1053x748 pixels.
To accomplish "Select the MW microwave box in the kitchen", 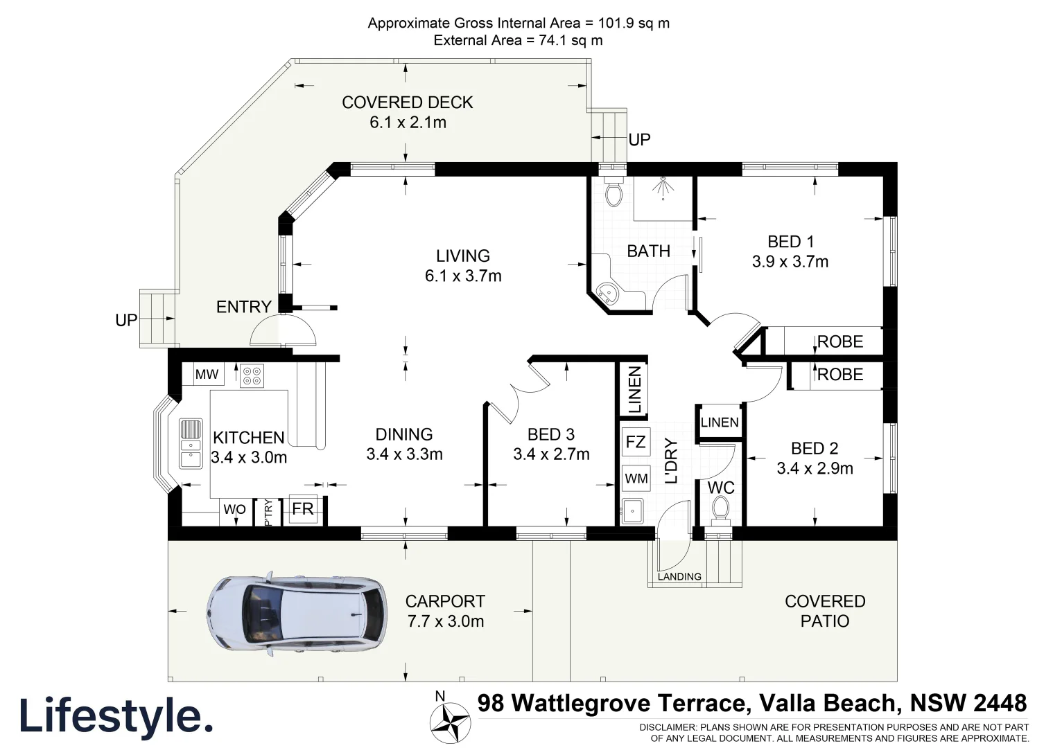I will tap(207, 375).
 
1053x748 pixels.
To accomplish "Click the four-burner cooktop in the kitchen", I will tap(252, 375).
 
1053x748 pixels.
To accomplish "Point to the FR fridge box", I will tap(303, 510).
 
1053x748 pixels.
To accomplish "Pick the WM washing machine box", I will tap(636, 478).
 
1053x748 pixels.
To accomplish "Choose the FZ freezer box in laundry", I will tap(636, 442).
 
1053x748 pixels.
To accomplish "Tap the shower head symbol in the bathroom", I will tap(663, 188).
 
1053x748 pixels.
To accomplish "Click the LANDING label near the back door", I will tap(679, 576).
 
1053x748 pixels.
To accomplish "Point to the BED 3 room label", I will tap(551, 434).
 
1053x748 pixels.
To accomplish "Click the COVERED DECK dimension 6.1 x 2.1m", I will tap(408, 123).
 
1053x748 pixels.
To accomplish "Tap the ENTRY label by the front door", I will tap(243, 307).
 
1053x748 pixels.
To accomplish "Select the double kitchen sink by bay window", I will tap(190, 443).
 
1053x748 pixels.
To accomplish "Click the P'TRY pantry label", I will tap(268, 513).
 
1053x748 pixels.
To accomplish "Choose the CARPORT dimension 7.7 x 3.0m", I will tap(445, 621).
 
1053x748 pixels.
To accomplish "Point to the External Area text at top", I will tap(518, 40).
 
